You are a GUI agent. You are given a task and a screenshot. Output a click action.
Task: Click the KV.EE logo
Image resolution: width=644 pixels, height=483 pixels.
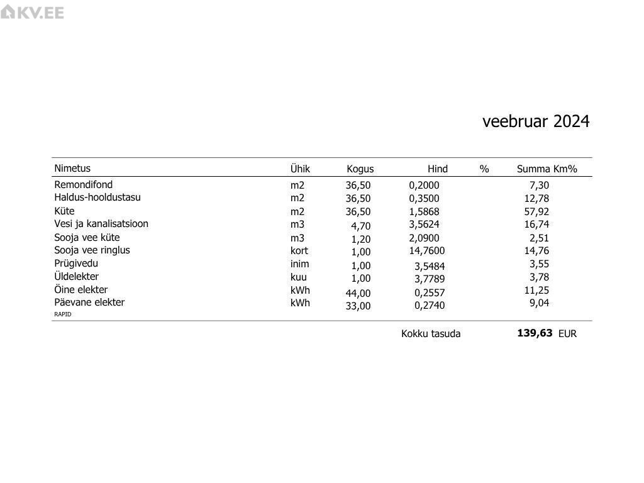point(32,12)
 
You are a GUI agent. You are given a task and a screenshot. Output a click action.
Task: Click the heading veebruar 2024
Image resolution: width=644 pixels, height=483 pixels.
point(536,121)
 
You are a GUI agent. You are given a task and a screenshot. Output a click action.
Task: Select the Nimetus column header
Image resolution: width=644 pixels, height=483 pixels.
point(72,169)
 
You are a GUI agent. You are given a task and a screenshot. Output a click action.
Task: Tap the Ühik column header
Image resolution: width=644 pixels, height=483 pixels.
point(300,169)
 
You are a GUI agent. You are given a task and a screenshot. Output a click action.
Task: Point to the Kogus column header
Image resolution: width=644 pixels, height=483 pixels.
point(360,169)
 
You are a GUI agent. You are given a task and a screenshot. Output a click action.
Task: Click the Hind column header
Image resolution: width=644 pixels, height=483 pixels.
point(438,169)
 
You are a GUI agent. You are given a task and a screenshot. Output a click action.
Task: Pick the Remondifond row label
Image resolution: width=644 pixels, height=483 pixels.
point(84,185)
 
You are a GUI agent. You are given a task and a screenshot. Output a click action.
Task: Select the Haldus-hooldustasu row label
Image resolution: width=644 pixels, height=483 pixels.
point(97,197)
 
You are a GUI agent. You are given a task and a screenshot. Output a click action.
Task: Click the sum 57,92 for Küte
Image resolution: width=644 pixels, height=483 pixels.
point(536,212)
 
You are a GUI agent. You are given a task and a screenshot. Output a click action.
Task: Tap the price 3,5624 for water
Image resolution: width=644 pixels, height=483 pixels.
point(424,225)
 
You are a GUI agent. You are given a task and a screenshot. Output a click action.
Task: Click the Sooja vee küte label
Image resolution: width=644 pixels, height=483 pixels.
point(87,238)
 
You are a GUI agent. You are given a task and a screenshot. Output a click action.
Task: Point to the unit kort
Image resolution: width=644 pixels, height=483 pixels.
point(299,251)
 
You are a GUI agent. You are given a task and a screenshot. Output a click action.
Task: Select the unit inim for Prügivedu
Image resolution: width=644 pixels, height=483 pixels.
point(299,264)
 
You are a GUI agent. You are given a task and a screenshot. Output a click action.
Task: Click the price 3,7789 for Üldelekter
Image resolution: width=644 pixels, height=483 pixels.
point(429,279)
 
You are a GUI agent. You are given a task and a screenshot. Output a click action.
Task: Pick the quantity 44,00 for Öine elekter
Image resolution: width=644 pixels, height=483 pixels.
point(358,293)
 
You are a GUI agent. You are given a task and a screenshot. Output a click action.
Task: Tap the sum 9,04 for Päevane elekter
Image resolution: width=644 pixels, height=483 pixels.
point(539,303)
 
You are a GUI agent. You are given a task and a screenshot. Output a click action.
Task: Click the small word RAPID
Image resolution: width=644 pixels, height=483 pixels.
point(63,314)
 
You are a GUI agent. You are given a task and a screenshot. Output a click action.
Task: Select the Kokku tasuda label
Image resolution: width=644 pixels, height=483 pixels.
point(431,334)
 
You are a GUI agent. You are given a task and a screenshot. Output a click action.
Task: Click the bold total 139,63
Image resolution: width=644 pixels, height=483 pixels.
point(535,333)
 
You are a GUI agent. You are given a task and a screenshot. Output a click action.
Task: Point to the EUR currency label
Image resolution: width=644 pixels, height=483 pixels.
point(567,334)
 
